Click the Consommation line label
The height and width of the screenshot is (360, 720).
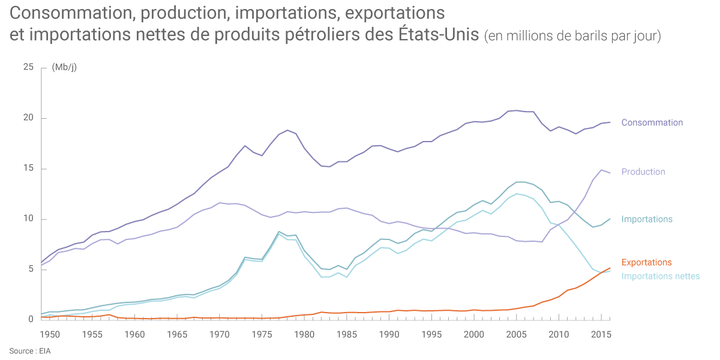[x=652, y=122]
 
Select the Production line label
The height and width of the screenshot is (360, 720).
[x=643, y=172]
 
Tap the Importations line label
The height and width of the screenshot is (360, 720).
[x=647, y=219]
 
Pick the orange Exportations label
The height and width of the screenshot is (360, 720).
[x=646, y=262]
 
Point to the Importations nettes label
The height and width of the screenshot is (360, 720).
[x=660, y=276]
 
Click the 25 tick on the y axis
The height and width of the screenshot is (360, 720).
[x=28, y=67]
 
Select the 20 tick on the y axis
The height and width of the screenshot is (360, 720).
[x=28, y=118]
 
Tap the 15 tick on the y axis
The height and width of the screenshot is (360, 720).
[x=28, y=169]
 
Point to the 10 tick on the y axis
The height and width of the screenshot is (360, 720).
[x=28, y=219]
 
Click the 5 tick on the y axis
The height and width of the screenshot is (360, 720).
[x=30, y=269]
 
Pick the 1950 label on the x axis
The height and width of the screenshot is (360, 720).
[x=50, y=334]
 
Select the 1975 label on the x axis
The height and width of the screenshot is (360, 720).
[x=262, y=334]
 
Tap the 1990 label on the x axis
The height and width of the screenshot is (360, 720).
[x=389, y=334]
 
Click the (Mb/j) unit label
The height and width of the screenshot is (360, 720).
[x=64, y=67]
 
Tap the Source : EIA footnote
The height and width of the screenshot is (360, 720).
[x=30, y=350]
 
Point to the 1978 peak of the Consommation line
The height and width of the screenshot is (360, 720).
[x=287, y=130]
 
